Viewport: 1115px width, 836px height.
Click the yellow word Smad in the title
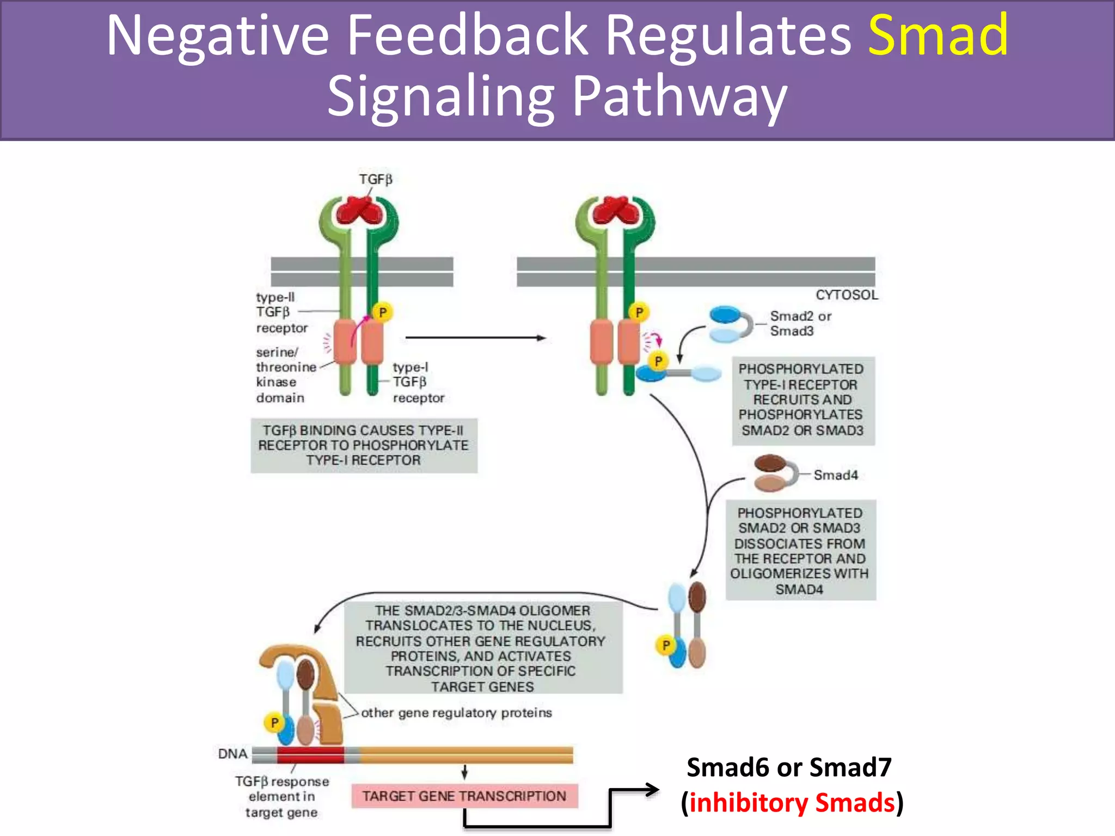(x=938, y=35)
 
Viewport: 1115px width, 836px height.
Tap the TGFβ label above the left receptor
(x=375, y=179)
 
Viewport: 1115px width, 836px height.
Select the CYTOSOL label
(x=846, y=295)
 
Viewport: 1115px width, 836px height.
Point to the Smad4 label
(x=835, y=475)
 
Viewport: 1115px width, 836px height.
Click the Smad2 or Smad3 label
(x=800, y=323)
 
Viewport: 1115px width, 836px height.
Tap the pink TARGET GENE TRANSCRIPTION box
(x=464, y=796)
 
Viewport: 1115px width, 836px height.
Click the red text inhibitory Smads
(x=792, y=803)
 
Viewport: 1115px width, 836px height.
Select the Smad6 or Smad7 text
(x=788, y=767)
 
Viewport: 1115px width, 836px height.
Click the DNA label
(x=232, y=754)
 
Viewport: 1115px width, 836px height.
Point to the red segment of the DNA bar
(x=310, y=755)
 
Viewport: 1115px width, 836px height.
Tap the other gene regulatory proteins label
(x=456, y=712)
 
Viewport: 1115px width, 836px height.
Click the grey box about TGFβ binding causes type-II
(x=364, y=445)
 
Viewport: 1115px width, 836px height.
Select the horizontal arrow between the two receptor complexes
(x=475, y=338)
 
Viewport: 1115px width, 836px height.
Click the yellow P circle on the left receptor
(x=383, y=312)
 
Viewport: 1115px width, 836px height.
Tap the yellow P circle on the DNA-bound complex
(x=274, y=723)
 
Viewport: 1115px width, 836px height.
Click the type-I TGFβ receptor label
(x=418, y=383)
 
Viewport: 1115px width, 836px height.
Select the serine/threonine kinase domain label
(x=285, y=375)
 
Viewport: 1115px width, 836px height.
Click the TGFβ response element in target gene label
(x=281, y=797)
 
